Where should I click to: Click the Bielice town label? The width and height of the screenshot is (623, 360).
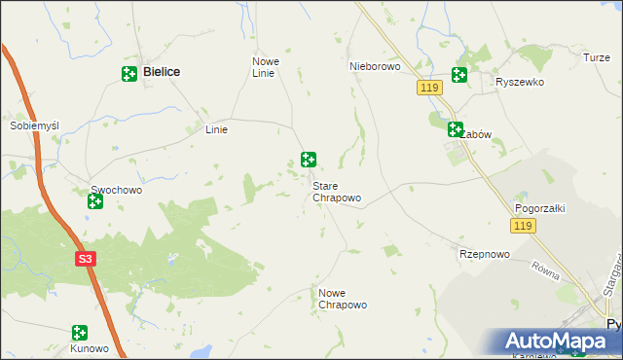[165, 72]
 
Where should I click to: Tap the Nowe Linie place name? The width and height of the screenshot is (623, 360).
[266, 67]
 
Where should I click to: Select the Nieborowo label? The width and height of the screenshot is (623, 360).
[375, 67]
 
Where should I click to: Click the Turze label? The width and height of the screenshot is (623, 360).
[597, 58]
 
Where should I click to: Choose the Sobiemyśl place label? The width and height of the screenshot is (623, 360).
[35, 126]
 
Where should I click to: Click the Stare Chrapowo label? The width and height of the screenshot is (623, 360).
[337, 192]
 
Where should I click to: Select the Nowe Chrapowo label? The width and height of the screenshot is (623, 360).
[343, 299]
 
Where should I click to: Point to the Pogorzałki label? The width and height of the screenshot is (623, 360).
[540, 208]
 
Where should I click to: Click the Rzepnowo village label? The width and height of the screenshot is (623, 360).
[484, 254]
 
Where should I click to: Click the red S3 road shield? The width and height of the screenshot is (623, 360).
[86, 259]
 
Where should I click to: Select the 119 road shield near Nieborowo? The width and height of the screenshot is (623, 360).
[432, 89]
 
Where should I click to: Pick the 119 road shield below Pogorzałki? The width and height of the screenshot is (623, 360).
[524, 226]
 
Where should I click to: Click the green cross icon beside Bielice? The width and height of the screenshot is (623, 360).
[129, 74]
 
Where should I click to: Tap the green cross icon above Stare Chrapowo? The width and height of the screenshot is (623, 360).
[309, 160]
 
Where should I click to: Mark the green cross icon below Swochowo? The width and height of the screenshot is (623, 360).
[94, 202]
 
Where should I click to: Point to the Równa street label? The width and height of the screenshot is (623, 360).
[546, 270]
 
